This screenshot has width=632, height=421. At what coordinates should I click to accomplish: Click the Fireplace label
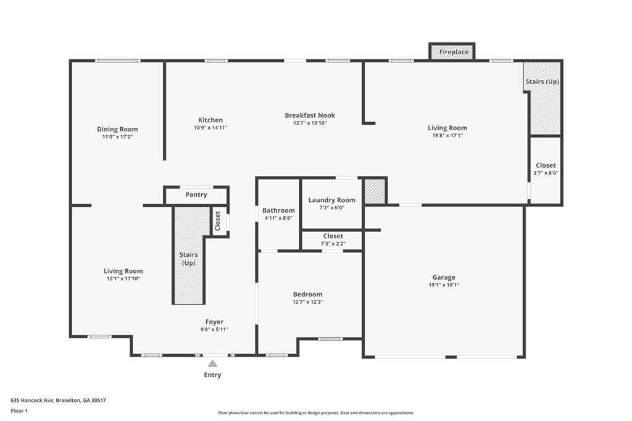(x=454, y=52)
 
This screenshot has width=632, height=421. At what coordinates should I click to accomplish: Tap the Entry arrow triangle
(x=212, y=364)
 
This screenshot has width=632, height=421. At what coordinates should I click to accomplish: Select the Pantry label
(x=196, y=195)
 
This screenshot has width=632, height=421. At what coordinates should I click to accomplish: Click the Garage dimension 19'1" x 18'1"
(x=444, y=285)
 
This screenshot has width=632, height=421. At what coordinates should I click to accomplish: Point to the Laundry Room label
(x=331, y=200)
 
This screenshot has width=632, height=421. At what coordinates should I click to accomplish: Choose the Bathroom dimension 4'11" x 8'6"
(x=278, y=218)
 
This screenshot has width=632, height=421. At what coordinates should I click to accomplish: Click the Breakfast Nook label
(x=310, y=115)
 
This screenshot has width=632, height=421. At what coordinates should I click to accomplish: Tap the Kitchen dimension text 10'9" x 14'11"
(x=210, y=128)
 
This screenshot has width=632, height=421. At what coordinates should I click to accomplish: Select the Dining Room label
(x=117, y=130)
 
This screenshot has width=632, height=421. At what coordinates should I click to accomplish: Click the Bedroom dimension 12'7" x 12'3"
(x=308, y=302)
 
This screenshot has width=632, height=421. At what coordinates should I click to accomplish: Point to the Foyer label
(x=214, y=322)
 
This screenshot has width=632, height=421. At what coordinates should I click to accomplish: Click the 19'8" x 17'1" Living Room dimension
(x=447, y=135)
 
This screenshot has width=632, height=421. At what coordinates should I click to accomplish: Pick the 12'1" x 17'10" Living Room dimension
(x=123, y=278)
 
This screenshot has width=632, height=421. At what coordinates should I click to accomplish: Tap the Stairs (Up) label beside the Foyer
(x=189, y=259)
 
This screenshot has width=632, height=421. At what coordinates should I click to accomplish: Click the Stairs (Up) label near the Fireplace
(x=542, y=82)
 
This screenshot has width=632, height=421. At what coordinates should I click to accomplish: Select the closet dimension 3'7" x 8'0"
(x=546, y=173)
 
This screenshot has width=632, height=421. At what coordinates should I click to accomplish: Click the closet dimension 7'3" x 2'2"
(x=333, y=244)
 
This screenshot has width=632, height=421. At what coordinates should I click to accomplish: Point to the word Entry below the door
(x=212, y=375)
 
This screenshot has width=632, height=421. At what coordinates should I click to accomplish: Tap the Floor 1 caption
(x=19, y=411)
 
